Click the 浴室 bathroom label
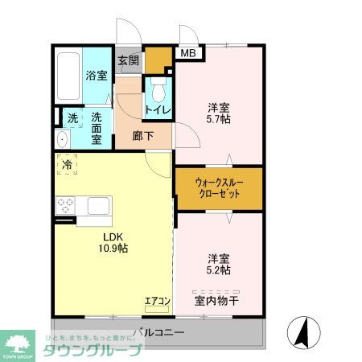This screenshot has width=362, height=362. pyautogui.click(x=96, y=76)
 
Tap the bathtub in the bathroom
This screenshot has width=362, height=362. pyautogui.click(x=68, y=76)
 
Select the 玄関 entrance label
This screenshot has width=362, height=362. pyautogui.click(x=128, y=60)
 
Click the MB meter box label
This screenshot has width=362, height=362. pyautogui.click(x=187, y=54)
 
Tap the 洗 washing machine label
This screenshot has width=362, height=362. pyautogui.click(x=72, y=117)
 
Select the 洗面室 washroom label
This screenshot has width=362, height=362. pyautogui.click(x=97, y=128)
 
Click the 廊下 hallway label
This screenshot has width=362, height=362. pyautogui.click(x=144, y=136)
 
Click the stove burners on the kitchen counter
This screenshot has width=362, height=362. pyautogui.click(x=64, y=205)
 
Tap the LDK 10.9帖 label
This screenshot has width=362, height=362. pyautogui.click(x=113, y=243)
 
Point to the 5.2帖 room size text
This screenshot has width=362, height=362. pyautogui.click(x=219, y=272)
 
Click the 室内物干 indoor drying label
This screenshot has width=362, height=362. pyautogui.click(x=217, y=302)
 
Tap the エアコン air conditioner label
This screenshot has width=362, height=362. pyautogui.click(x=157, y=302)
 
